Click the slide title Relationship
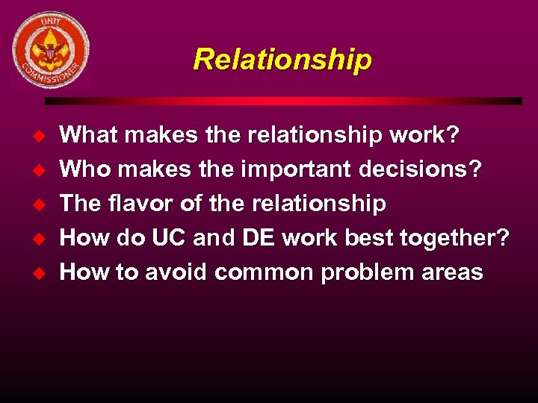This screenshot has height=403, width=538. coord(282,59)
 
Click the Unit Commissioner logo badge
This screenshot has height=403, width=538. coord(51,50)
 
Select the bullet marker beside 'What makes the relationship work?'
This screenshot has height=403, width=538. coord(42,135)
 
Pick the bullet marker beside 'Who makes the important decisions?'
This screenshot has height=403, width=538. coord(42,169)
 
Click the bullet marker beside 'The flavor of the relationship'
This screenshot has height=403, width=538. coord(42,204)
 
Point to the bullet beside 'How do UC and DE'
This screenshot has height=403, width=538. coord(42,238)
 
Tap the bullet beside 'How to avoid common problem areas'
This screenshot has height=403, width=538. coord(42,272)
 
